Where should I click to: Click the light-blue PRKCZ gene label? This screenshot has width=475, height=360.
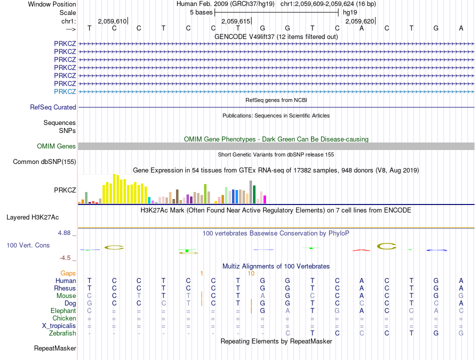click(65, 91)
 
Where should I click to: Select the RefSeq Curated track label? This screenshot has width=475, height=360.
click(53, 107)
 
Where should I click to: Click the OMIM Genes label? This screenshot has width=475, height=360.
click(56, 146)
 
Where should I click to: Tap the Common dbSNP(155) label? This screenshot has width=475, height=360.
click(44, 161)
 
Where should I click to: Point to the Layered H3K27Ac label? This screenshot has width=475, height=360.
click(32, 217)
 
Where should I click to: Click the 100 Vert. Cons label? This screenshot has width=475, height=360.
click(28, 245)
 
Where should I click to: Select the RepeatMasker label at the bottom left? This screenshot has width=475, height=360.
click(55, 348)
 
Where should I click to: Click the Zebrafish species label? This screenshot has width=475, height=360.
click(62, 333)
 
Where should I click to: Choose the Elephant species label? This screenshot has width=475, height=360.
click(63, 310)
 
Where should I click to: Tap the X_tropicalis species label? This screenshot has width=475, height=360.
click(59, 326)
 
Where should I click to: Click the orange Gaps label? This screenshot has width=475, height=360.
click(68, 273)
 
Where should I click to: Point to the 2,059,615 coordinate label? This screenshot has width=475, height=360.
click(235, 21)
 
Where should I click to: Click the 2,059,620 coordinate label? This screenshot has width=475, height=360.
click(360, 21)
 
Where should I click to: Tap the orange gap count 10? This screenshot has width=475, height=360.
click(251, 273)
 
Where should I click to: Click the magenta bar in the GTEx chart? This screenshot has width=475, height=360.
click(264, 199)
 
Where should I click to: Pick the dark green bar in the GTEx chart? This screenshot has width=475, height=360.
click(254, 194)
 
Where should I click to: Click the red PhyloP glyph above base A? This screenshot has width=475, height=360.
click(361, 250)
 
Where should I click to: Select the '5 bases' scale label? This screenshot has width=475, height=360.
click(201, 12)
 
